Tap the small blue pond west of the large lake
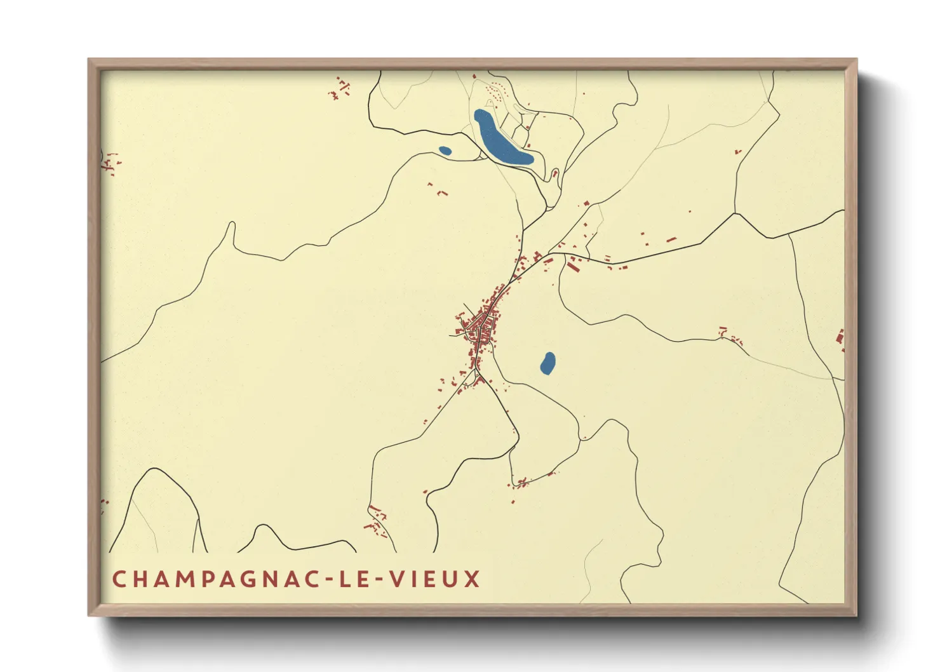coord(445,151)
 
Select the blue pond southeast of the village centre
coord(547,363)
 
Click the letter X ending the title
coord(471,579)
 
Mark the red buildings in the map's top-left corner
coord(340,89)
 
